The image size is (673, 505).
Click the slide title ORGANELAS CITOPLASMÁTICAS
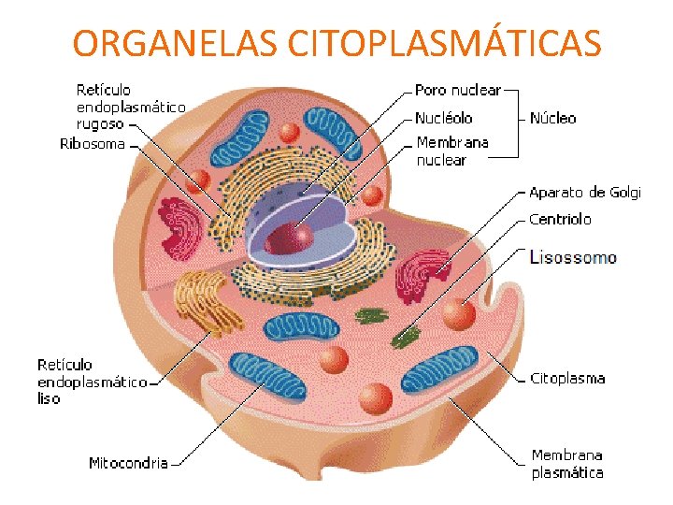[x=336, y=43]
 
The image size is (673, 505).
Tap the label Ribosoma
[x=92, y=144]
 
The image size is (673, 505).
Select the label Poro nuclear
[x=458, y=91]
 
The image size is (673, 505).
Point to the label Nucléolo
[x=444, y=119]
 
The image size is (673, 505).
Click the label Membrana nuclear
[x=452, y=151]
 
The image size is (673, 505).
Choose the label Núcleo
[x=552, y=119]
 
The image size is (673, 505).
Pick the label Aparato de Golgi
[x=585, y=193]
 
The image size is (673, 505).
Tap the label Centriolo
[x=560, y=219]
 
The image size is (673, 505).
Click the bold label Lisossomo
[x=573, y=256]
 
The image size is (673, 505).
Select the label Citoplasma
[x=567, y=379]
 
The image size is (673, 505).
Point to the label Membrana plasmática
[x=567, y=464]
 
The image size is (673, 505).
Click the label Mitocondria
[x=128, y=463]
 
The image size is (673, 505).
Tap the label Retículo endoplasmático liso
[x=91, y=382]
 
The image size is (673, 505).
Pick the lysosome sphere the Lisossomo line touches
[x=459, y=314]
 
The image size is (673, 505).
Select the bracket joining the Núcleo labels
[x=516, y=119]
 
